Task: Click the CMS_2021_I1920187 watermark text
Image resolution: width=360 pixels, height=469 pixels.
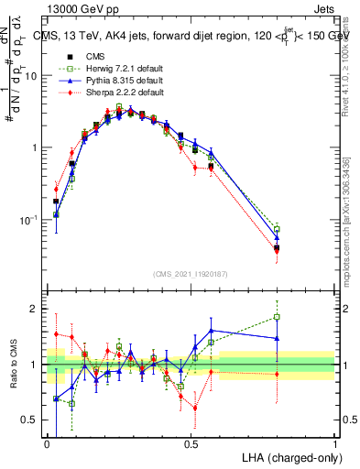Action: pyautogui.click(x=191, y=273)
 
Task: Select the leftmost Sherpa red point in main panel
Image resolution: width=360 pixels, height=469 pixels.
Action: pyautogui.click(x=57, y=189)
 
